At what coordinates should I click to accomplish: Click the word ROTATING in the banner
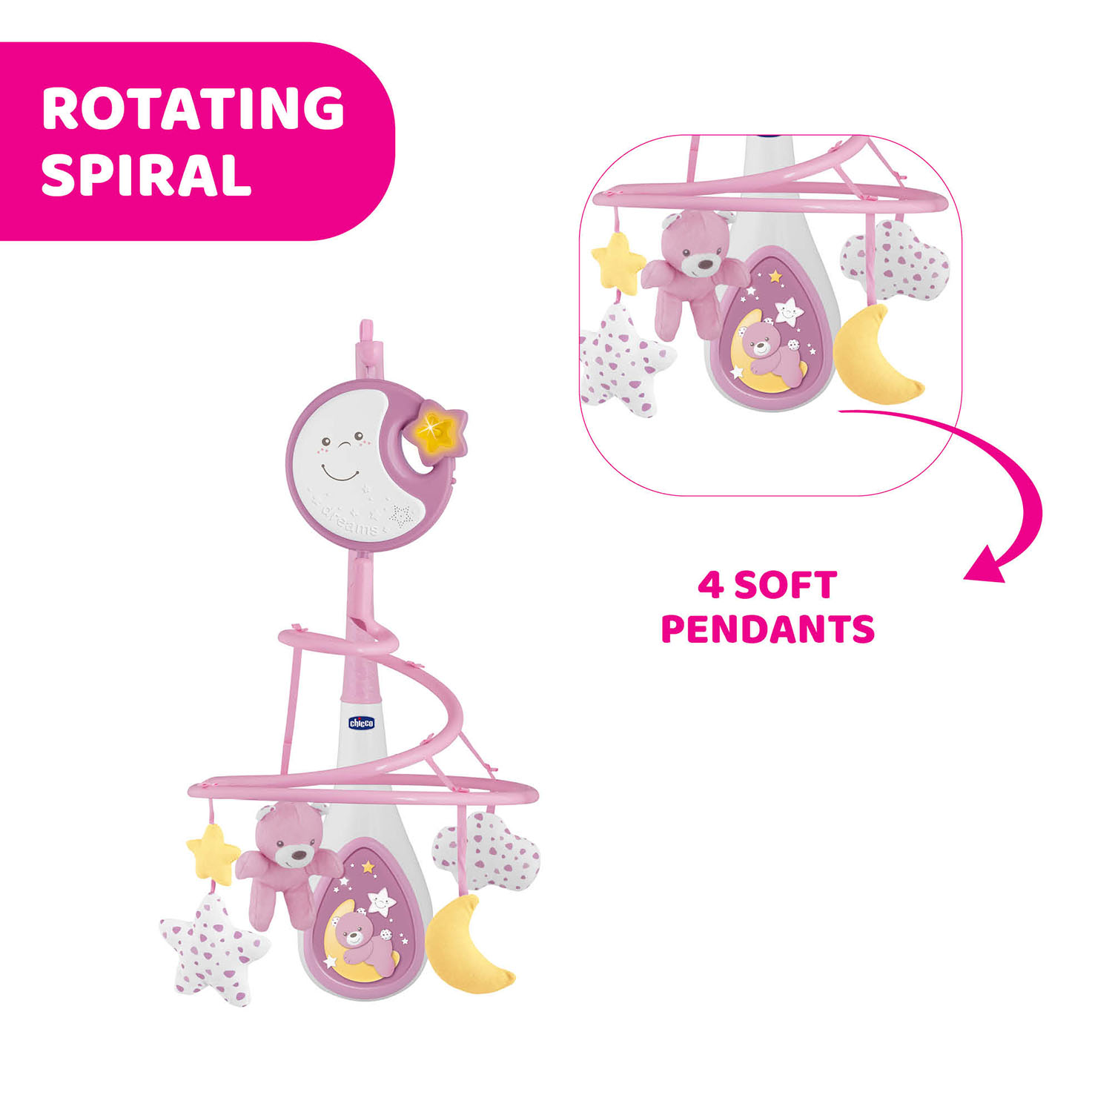pyautogui.click(x=193, y=108)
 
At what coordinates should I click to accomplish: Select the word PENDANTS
pyautogui.click(x=768, y=629)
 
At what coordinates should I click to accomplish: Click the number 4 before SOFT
pyautogui.click(x=710, y=585)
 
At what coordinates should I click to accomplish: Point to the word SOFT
pyautogui.click(x=786, y=585)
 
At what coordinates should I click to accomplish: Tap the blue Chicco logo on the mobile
pyautogui.click(x=362, y=723)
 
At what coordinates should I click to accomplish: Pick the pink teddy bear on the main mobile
pyautogui.click(x=285, y=864)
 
